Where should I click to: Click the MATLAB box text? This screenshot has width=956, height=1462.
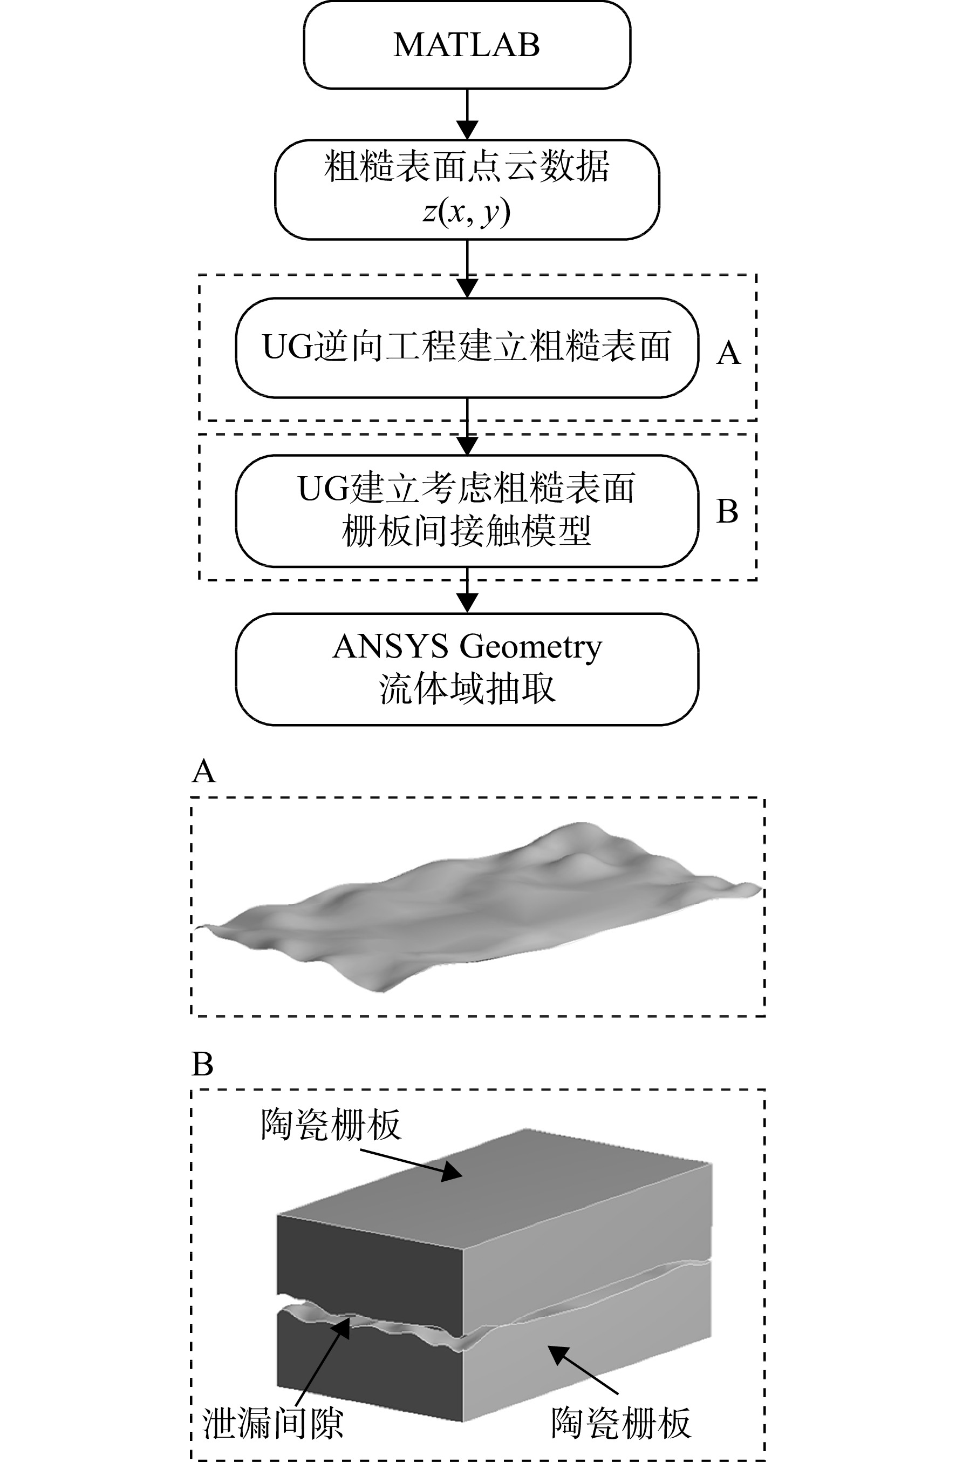pyautogui.click(x=467, y=45)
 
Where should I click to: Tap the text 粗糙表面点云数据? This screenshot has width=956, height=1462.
pyautogui.click(x=467, y=166)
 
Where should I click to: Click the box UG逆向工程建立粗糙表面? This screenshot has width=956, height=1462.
pyautogui.click(x=467, y=348)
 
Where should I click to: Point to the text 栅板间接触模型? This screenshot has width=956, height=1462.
pyautogui.click(x=467, y=531)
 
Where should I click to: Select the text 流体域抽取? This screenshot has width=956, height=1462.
pyautogui.click(x=467, y=688)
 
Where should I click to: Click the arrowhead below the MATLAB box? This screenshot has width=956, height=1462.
pyautogui.click(x=467, y=129)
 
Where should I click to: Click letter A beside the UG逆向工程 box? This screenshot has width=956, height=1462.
pyautogui.click(x=729, y=353)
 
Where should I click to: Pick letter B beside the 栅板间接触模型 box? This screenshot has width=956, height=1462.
pyautogui.click(x=728, y=511)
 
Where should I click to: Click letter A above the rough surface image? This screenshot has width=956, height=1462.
pyautogui.click(x=204, y=771)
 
